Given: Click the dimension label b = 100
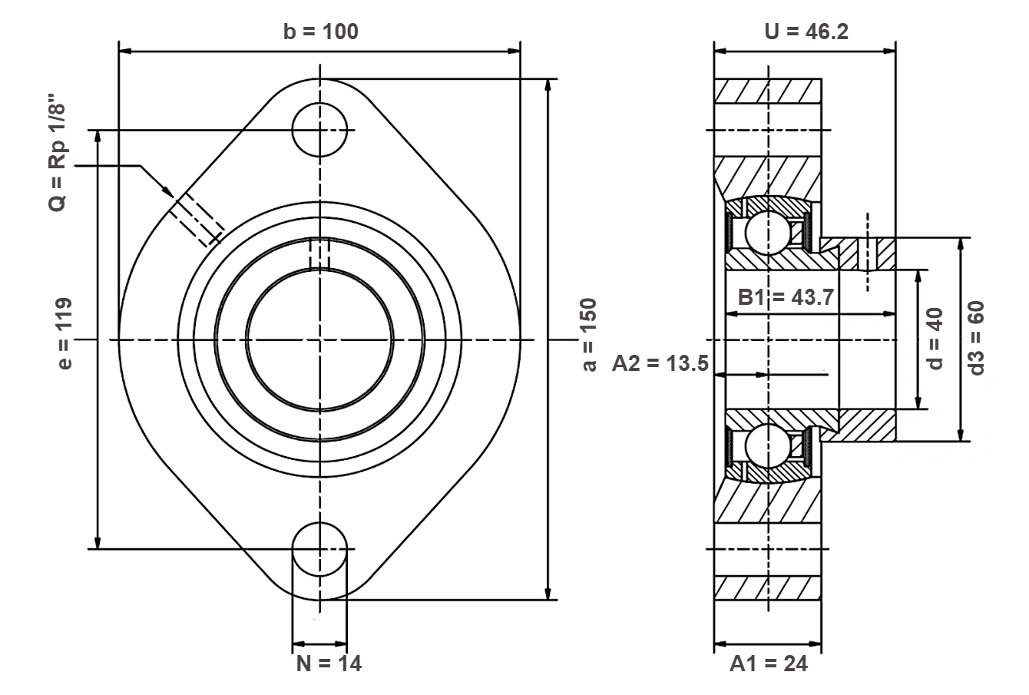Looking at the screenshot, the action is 321,31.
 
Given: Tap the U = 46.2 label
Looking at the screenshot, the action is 806,31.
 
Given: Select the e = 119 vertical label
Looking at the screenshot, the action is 65,333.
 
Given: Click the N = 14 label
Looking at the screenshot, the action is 329,664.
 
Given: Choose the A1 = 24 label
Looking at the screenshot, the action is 769,664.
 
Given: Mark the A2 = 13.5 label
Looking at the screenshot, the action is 660,363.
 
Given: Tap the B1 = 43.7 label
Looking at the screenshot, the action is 786,297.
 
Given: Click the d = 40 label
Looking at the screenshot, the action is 935,339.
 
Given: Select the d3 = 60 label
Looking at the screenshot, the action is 976,338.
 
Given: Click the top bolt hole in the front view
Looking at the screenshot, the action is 319,130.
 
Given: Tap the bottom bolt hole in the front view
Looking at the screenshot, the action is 319,549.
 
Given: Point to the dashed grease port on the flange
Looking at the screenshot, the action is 197,219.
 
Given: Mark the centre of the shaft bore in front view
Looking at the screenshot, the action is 319,340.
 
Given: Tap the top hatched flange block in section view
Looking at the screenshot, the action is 768,91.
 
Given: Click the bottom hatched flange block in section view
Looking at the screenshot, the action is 768,588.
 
